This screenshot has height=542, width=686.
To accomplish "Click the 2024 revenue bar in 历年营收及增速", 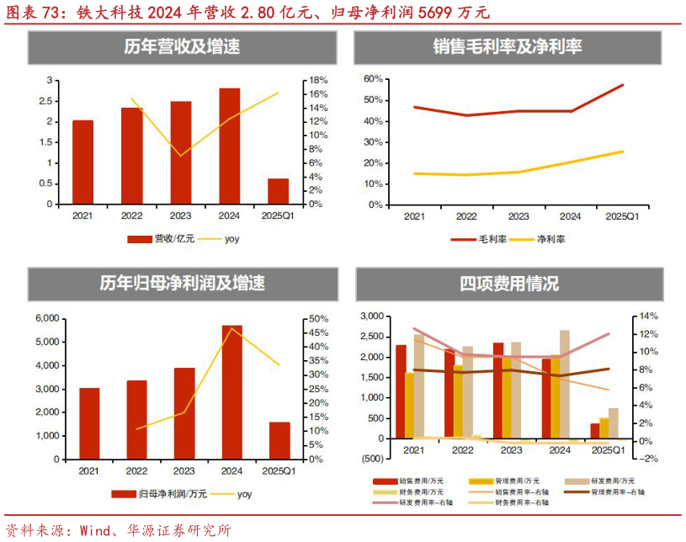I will pyautogui.click(x=230, y=146).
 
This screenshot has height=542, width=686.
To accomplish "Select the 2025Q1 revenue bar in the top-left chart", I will pyautogui.click(x=279, y=191).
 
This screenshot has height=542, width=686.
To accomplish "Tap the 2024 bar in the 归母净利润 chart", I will pyautogui.click(x=231, y=392).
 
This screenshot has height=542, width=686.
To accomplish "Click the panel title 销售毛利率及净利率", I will pyautogui.click(x=508, y=46).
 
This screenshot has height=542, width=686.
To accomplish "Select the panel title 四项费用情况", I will pyautogui.click(x=509, y=284).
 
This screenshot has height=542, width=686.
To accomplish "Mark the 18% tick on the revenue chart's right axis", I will pyautogui.click(x=317, y=80).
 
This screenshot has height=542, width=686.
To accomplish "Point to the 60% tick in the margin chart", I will pyautogui.click(x=373, y=78).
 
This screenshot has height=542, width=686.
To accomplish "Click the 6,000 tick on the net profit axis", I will pyautogui.click(x=45, y=318).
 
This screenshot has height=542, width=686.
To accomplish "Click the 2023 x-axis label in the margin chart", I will pyautogui.click(x=518, y=217).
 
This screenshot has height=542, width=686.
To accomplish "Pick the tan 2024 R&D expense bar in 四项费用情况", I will pyautogui.click(x=564, y=385).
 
